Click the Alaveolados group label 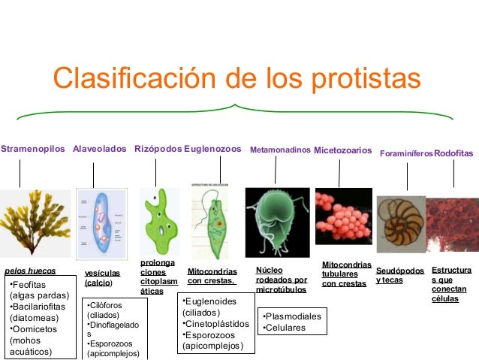click(99, 150)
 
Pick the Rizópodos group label click(158, 150)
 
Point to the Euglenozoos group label click(212, 150)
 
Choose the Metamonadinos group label click(280, 150)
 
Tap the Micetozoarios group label click(342, 150)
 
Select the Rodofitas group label click(453, 153)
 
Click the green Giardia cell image click(276, 222)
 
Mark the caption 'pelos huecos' click(30, 271)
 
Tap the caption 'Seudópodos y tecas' click(400, 275)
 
